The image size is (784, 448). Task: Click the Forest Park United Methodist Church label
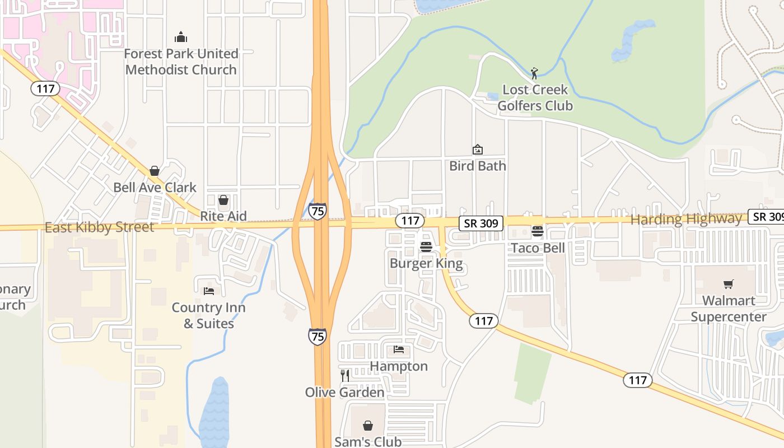pos(181,62)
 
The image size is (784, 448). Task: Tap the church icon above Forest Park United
pos(181,37)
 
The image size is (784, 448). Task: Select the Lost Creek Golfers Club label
pos(535,97)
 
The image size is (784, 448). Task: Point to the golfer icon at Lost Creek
pos(534,73)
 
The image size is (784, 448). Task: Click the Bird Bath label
pos(477,166)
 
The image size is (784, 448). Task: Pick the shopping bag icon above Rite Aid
pos(223,200)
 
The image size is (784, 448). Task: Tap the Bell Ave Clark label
pos(155,187)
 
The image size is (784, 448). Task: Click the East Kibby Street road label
pos(99,227)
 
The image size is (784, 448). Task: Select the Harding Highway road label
pos(686,219)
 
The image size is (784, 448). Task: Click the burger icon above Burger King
pos(426,247)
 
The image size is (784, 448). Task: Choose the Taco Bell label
pos(538,248)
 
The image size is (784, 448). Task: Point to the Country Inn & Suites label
pos(208,315)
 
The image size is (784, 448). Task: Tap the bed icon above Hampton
pos(399,349)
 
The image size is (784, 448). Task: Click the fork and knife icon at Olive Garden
pos(345,375)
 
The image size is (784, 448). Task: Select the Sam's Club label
pos(368,441)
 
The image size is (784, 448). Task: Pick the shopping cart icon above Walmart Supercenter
pos(728,284)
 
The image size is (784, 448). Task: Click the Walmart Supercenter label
pos(728,309)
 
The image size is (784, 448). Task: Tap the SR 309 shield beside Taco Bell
pos(481,223)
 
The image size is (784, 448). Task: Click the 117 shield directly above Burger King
pos(410,221)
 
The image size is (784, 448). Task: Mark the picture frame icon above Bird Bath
pos(477,150)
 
